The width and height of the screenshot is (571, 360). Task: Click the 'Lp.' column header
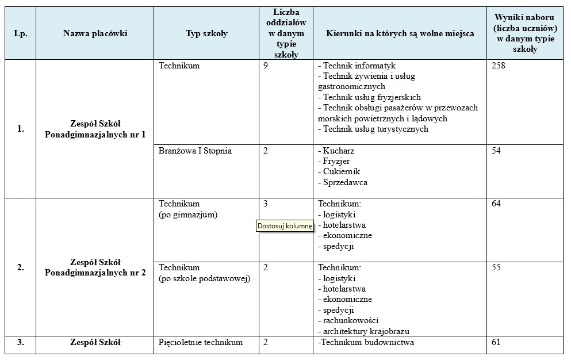(20, 33)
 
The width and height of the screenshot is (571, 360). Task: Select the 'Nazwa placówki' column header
(95, 33)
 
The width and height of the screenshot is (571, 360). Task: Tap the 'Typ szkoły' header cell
(206, 33)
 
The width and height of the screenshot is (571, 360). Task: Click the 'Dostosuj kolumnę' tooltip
(285, 226)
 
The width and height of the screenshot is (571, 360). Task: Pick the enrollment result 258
(499, 66)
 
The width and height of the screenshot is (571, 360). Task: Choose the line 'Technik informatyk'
(359, 66)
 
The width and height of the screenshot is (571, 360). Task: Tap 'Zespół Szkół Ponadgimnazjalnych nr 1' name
(95, 129)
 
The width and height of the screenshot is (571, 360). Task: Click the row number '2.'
(20, 267)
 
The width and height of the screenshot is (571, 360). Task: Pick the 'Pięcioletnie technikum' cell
(201, 343)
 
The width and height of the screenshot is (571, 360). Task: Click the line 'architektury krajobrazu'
(366, 331)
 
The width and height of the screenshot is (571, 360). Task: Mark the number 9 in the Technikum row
(266, 66)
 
